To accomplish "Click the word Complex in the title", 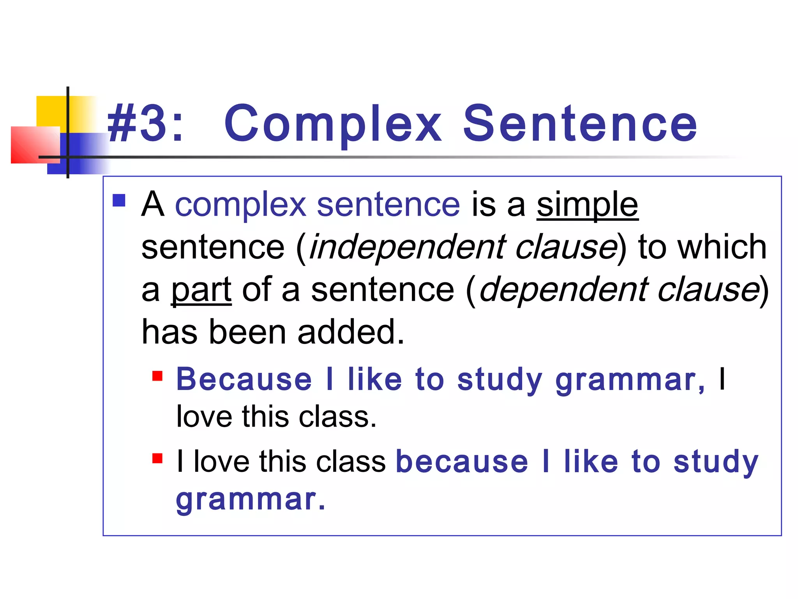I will [x=333, y=124].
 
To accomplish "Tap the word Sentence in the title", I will [x=580, y=124].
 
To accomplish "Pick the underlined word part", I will [x=201, y=291].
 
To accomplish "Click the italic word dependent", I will [x=563, y=291].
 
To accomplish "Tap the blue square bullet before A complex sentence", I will [x=119, y=200].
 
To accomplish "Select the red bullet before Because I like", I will [x=157, y=376].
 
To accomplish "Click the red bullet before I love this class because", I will [x=157, y=458].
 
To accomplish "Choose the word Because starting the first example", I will [x=244, y=379].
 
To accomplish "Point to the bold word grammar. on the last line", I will [x=250, y=500].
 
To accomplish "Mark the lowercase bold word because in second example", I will [x=462, y=462].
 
